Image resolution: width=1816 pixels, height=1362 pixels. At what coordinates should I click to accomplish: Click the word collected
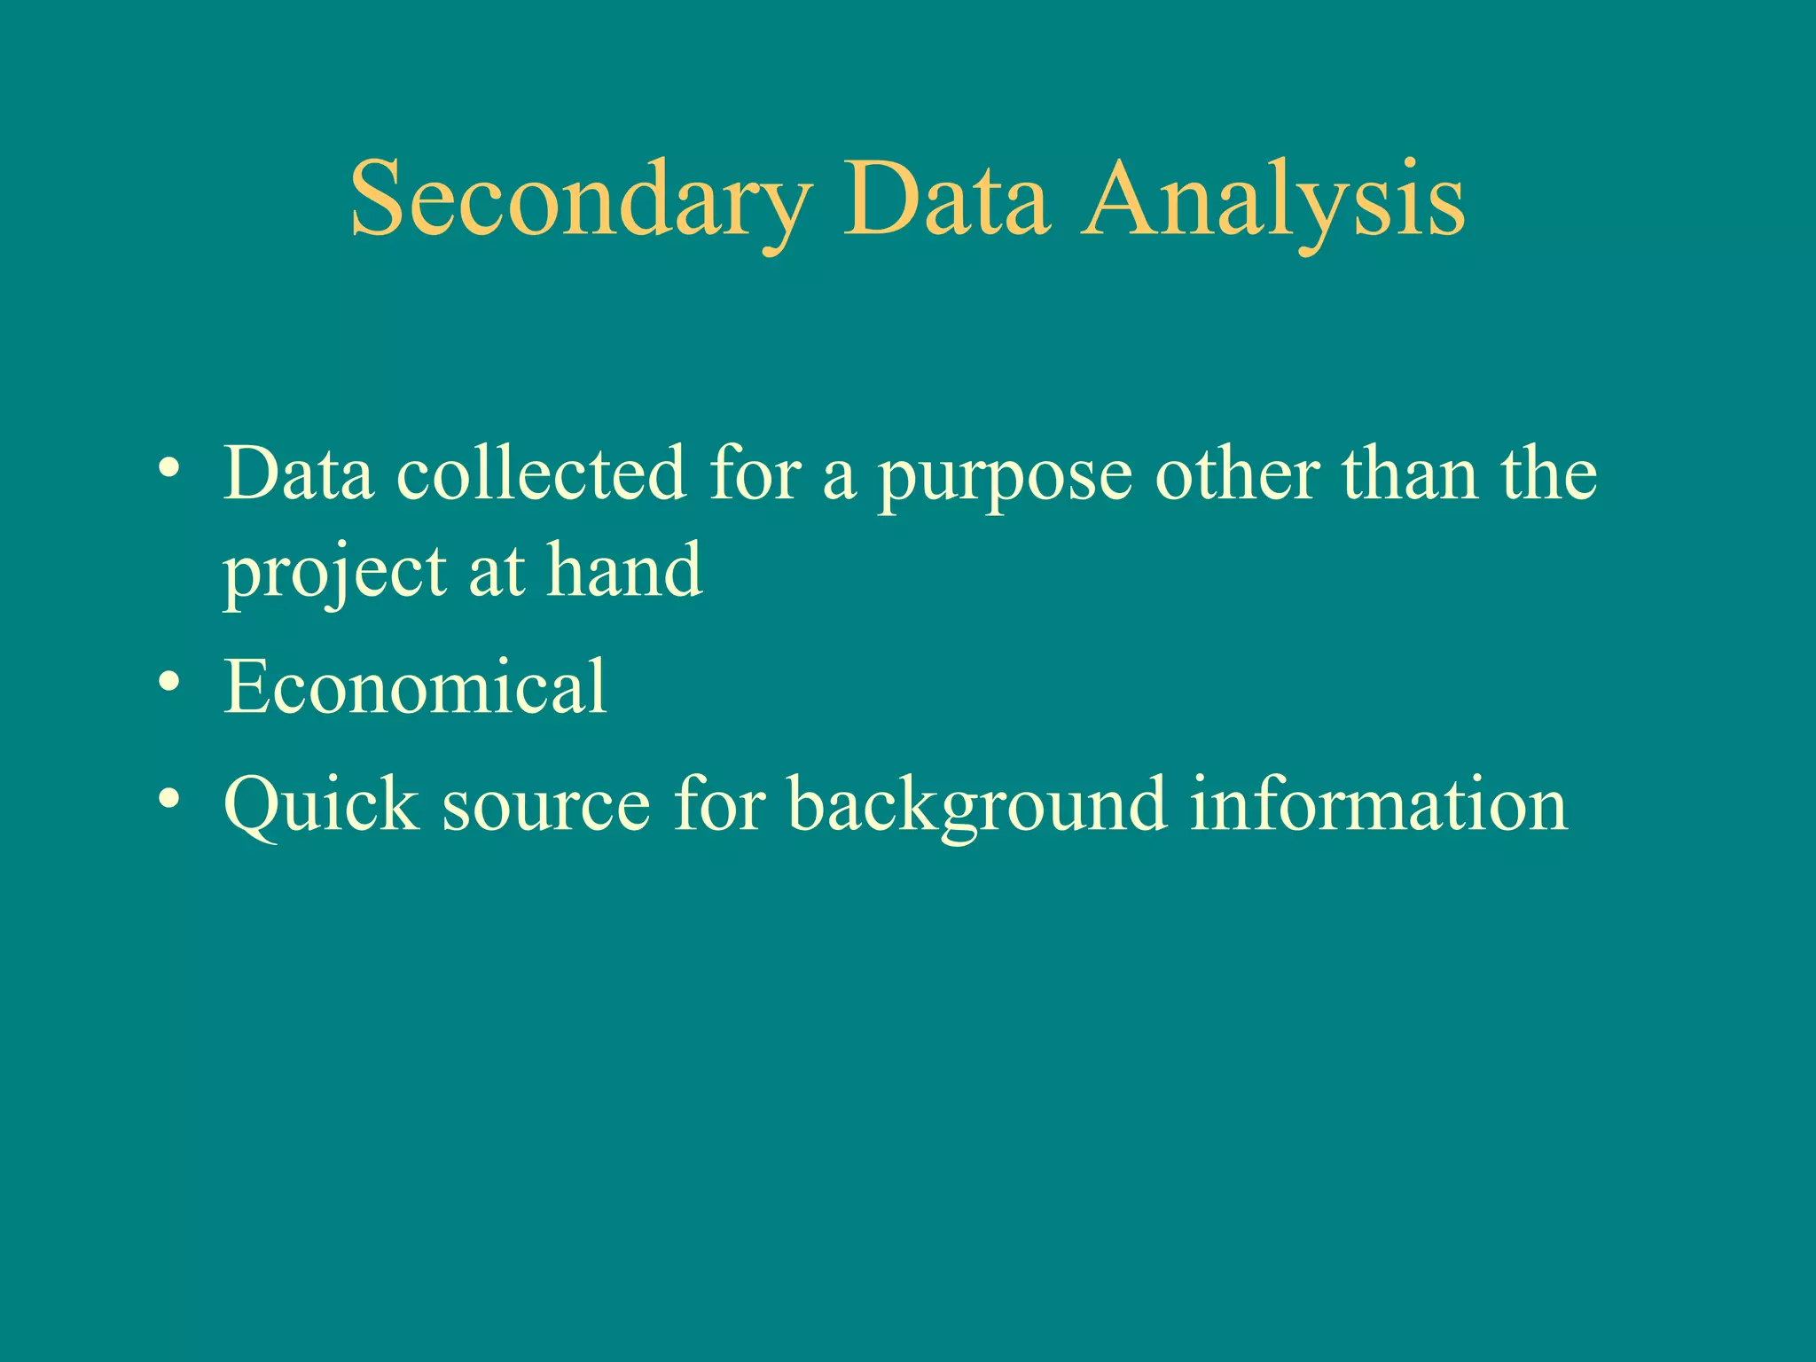point(541,474)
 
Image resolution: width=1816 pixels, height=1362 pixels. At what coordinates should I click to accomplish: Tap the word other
point(1238,474)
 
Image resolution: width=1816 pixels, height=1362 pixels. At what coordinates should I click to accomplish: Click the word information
point(1379,804)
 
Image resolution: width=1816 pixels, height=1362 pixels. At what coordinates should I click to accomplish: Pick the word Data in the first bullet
point(298,474)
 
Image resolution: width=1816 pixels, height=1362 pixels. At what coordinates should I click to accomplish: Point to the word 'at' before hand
point(497,572)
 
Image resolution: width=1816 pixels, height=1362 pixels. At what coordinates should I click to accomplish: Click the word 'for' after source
point(719,804)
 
